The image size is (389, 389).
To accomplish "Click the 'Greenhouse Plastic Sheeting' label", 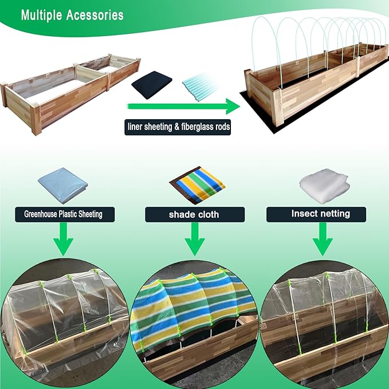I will click(x=64, y=215).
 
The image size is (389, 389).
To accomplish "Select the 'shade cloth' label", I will click(x=194, y=215).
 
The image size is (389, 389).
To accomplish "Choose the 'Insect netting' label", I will click(x=324, y=214).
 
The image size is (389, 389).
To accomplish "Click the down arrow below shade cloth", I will click(x=194, y=239).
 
